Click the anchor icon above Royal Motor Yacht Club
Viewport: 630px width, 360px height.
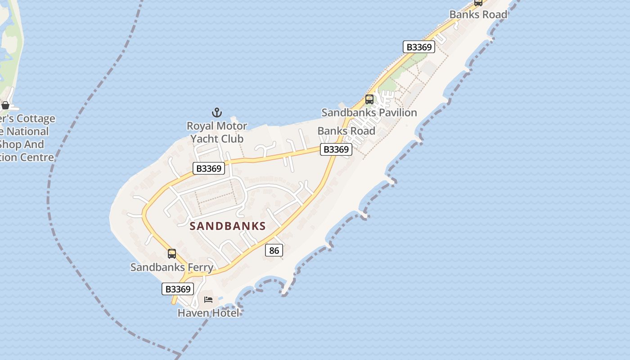[217, 112]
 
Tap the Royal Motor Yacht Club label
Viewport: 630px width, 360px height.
[217, 132]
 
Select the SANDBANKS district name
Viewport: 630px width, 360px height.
[228, 226]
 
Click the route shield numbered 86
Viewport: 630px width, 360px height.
[274, 251]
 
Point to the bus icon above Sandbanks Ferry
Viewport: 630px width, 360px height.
[172, 253]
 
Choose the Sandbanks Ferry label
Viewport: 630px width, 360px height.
[172, 267]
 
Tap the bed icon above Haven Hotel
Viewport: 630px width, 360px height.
[208, 299]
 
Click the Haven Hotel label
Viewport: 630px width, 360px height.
[208, 313]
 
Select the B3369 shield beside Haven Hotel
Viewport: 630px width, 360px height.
[178, 289]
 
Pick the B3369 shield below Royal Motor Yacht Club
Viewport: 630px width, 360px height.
[209, 168]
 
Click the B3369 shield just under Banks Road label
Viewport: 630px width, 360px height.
[336, 149]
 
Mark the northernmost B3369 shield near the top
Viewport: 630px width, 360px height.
[418, 47]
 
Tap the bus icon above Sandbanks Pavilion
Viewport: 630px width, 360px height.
[369, 99]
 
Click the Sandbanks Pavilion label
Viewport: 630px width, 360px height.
[369, 112]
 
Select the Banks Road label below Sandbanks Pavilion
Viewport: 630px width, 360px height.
[346, 131]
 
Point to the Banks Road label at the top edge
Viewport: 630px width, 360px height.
[478, 14]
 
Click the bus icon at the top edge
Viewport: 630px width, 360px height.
[478, 2]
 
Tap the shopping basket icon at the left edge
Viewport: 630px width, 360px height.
[5, 106]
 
